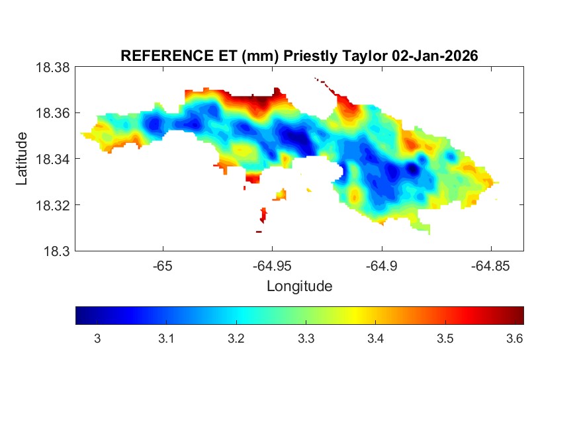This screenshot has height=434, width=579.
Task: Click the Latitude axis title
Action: coord(22,159)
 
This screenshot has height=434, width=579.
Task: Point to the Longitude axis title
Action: coord(299,286)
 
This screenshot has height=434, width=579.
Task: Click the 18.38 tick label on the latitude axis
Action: coord(52,67)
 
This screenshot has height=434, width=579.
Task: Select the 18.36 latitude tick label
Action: coord(52,113)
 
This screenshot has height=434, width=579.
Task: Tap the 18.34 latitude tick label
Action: coord(52,159)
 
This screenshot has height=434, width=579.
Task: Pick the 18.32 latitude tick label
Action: coord(52,205)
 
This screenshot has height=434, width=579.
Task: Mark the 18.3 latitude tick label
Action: coord(56,251)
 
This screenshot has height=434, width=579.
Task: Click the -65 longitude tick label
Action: coord(163,265)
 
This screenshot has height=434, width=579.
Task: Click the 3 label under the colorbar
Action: coord(97,339)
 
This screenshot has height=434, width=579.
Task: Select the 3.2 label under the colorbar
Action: coord(236,339)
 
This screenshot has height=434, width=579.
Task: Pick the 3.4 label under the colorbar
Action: coord(375,339)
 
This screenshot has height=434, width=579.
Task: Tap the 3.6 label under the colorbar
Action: coord(514,339)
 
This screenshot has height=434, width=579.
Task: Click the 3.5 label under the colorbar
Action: coord(445,339)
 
